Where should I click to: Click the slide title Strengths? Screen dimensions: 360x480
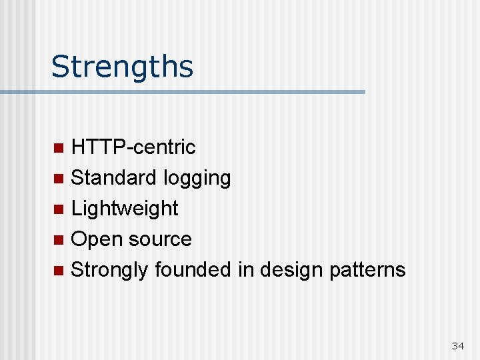click(x=122, y=67)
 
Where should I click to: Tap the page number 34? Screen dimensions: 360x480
click(x=458, y=345)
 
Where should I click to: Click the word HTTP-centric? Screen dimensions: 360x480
click(x=133, y=147)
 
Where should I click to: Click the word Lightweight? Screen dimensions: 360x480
click(x=125, y=209)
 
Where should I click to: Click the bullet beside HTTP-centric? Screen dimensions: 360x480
click(x=59, y=147)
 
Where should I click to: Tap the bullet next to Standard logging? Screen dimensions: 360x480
click(x=59, y=178)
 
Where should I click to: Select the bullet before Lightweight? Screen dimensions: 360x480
click(x=59, y=209)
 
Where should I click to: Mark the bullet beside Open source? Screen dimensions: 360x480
click(x=59, y=239)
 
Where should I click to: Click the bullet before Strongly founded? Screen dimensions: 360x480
click(x=59, y=270)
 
